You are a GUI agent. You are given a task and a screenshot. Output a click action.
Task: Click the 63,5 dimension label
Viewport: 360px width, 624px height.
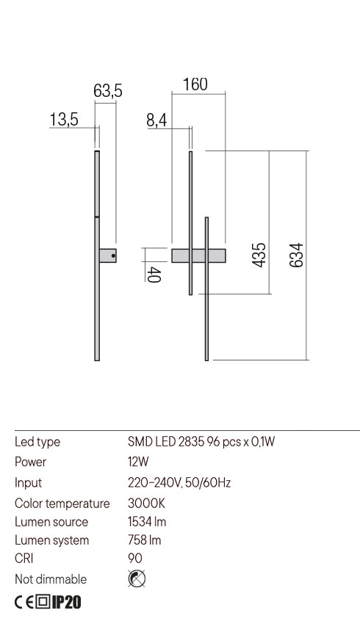(107, 92)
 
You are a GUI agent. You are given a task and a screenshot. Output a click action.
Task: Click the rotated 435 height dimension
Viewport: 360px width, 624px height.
(259, 255)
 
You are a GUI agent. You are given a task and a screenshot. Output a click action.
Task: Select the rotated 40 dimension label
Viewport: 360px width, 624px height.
(154, 275)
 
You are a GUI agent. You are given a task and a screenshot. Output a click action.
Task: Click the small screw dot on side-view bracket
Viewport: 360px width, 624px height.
(112, 255)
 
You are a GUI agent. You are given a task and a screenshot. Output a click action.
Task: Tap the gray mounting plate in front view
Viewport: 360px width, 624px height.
(198, 255)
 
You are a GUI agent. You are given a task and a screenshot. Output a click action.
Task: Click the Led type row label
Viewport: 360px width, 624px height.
(37, 442)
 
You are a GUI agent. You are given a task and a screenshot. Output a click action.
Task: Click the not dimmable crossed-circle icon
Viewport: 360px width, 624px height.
(136, 579)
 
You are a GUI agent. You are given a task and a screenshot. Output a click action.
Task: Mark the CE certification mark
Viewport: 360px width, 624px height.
(24, 603)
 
